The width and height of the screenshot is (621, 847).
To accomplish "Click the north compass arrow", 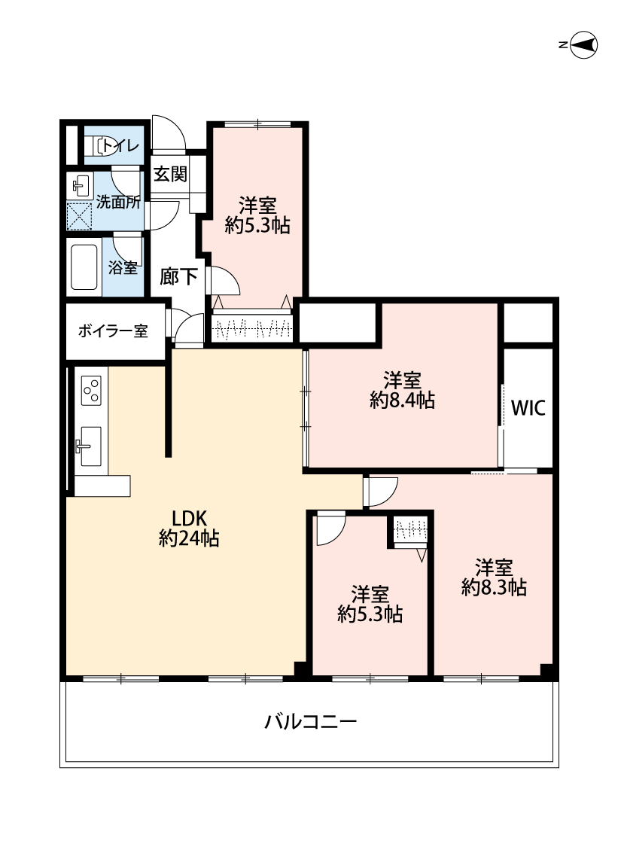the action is coord(583,45).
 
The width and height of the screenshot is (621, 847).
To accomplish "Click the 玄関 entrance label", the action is coord(170,174).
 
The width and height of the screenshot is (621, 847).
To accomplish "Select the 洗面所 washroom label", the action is coord(118,202).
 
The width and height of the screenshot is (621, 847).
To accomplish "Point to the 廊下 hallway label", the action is coord(178,277).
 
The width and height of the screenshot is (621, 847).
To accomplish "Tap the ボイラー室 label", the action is coord(112,331).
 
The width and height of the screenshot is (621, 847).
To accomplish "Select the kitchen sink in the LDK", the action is coord(90,446).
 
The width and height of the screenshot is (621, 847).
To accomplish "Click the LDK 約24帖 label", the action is coord(189,529).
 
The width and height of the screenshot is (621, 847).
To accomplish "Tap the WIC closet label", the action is coord(528,408).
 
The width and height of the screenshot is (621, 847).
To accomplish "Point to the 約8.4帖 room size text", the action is coord(402,401).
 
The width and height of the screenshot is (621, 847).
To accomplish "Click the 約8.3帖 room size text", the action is coord(494,587).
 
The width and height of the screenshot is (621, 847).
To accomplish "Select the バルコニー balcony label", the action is coord(310,722).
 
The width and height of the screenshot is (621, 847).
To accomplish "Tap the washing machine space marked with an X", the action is coord(79,216).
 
